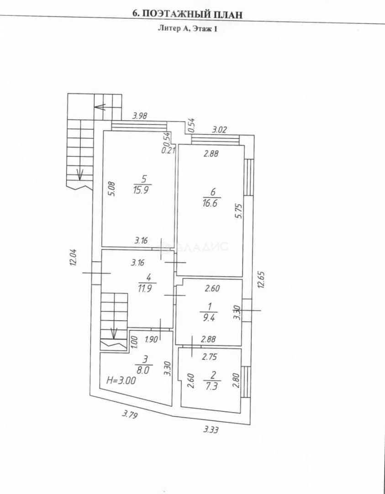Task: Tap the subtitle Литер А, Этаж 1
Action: pos(187,29)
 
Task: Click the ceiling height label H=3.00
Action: pos(121,381)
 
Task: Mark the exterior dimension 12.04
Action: pos(73,257)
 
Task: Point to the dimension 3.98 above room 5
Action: pos(140,116)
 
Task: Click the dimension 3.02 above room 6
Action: pos(219,129)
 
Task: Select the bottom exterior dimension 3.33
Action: pos(211,430)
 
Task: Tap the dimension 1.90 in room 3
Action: pos(151,339)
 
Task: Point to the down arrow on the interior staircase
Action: pos(114,333)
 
